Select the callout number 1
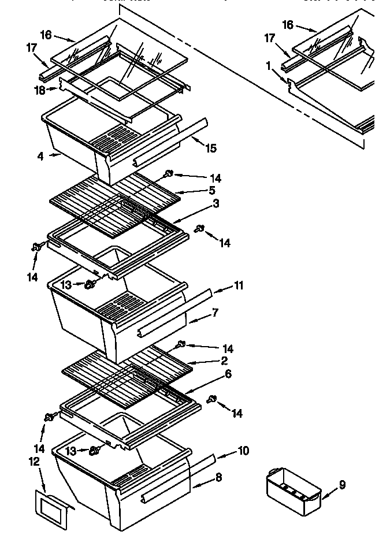pyautogui.click(x=269, y=66)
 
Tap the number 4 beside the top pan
pyautogui.click(x=40, y=156)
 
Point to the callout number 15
pyautogui.click(x=211, y=148)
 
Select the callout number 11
pyautogui.click(x=239, y=285)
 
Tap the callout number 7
pyautogui.click(x=215, y=313)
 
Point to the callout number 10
pyautogui.click(x=243, y=451)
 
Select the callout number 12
pyautogui.click(x=34, y=461)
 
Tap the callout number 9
pyautogui.click(x=342, y=485)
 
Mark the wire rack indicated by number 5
pyautogui.click(x=116, y=196)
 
